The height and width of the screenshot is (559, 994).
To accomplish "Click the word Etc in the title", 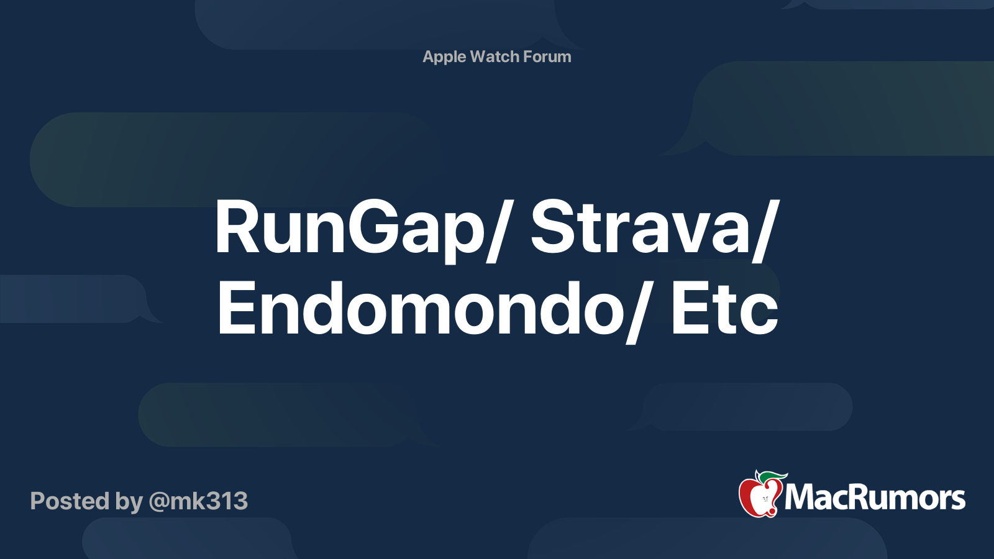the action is [725, 309].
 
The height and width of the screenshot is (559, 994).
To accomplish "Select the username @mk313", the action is [198, 501].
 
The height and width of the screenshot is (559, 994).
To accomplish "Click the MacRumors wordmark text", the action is [875, 498].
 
